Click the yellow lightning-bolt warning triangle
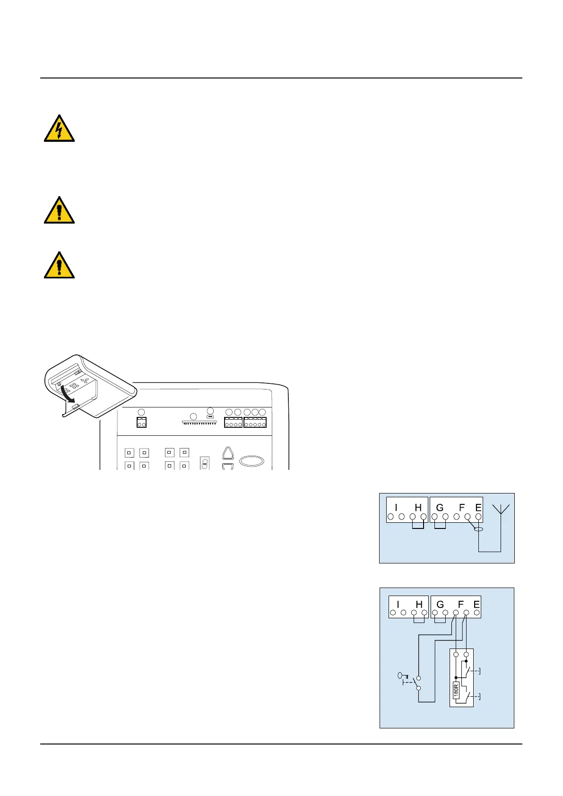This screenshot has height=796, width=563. [59, 129]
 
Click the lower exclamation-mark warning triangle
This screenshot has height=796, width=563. [59, 266]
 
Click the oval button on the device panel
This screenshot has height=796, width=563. [251, 461]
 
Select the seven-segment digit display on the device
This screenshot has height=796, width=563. [205, 462]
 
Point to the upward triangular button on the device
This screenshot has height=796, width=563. [228, 453]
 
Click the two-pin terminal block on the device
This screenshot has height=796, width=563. [141, 422]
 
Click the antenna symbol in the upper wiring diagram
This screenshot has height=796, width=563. [501, 509]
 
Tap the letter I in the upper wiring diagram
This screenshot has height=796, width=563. [396, 508]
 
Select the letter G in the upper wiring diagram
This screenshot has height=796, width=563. [440, 508]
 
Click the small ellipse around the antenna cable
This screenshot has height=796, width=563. [478, 529]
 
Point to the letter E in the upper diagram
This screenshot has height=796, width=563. [478, 508]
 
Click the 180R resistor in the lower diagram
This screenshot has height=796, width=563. [456, 691]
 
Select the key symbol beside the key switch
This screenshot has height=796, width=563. [402, 676]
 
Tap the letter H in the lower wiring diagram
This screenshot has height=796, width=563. [419, 605]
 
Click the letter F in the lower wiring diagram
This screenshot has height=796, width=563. [461, 605]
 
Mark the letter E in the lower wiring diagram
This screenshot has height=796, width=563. [476, 605]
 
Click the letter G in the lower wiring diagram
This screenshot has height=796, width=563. [440, 605]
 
